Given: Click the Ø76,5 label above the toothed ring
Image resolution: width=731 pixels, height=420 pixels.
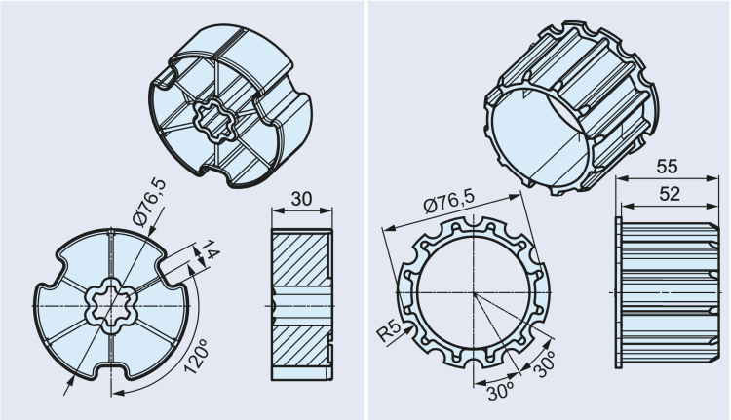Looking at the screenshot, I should click(449, 207).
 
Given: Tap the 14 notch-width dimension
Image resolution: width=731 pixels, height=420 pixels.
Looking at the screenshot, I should click(206, 255).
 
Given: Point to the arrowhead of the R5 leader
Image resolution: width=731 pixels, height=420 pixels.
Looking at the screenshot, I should click(407, 318).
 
